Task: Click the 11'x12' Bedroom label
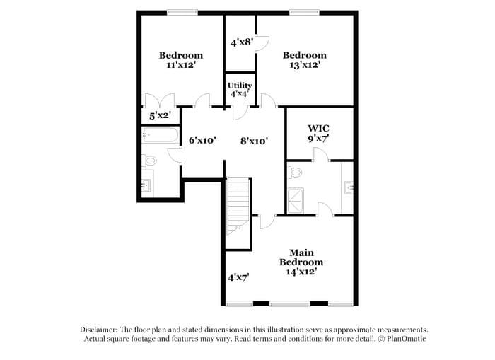point(180,59)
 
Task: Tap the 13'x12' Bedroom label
point(304,59)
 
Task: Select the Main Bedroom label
point(305,262)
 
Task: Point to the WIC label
point(318,133)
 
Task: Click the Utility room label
point(240,89)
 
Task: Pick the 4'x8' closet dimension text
point(242,42)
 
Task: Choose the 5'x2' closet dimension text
point(160,115)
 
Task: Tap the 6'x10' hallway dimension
point(202,141)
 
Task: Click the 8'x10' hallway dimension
point(253,141)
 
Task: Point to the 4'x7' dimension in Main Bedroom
point(239,278)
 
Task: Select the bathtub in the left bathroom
point(161,134)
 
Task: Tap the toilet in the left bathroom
point(148,161)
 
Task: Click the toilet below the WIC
point(296,171)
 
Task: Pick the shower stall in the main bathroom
point(296,199)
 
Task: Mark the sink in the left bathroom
point(147,185)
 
